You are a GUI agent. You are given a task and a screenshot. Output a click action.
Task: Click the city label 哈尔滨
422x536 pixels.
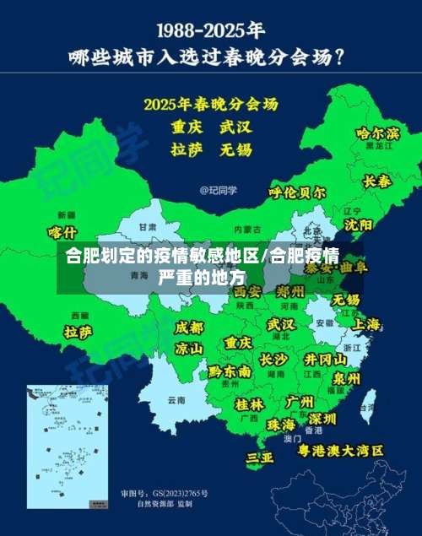[377, 133]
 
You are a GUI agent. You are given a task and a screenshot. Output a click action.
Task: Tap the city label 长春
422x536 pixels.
[376, 181]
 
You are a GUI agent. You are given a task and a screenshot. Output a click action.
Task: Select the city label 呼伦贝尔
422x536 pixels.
[296, 192]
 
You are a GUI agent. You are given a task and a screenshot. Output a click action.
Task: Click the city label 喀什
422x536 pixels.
[62, 232]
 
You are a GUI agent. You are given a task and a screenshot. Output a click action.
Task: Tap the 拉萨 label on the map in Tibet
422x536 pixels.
[78, 332]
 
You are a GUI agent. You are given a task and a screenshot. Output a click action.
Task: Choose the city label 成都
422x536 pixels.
[189, 328]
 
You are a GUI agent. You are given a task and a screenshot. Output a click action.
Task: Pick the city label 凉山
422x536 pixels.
[188, 348]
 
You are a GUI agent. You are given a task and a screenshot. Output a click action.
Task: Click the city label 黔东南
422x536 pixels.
[230, 371]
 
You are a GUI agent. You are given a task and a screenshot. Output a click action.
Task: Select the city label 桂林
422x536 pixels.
[249, 403]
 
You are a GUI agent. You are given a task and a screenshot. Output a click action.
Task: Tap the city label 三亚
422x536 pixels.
[259, 457]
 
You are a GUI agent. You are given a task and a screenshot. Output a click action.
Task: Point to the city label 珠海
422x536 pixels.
[280, 424]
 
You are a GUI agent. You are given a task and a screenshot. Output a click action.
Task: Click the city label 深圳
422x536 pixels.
[322, 419]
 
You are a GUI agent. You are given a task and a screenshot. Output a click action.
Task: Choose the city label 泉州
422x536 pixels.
[346, 377]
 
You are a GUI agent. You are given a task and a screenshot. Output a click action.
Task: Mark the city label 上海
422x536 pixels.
[366, 324]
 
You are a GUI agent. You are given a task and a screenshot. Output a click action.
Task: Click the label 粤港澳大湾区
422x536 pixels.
[340, 451]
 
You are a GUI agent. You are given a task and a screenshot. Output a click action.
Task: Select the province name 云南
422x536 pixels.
[176, 399]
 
